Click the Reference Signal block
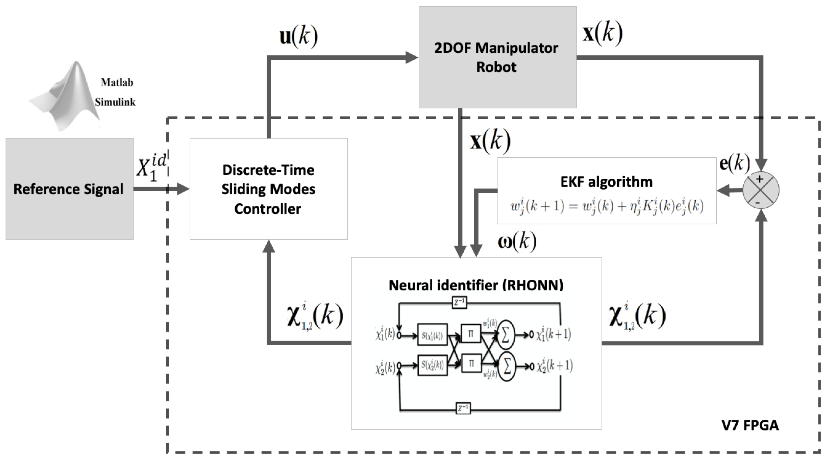pos(69,189)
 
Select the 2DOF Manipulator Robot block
pos(497,57)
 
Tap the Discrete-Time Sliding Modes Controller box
pos(268,189)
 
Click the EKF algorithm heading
pos(606,182)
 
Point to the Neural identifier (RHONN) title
pos(476,285)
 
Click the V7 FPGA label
pos(750,425)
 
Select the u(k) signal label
pos(299,36)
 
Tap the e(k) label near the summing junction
pos(734,163)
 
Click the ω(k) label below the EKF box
pos(517,241)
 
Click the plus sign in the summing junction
pos(760,179)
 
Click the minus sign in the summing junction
pos(758,202)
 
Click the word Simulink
pos(115,102)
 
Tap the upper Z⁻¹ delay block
pos(459,303)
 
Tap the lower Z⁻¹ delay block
pos(463,408)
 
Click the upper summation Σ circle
pos(506,335)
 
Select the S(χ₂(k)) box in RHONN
pos(432,365)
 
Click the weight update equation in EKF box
pos(607,206)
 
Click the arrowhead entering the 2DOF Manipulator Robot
pos(412,58)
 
